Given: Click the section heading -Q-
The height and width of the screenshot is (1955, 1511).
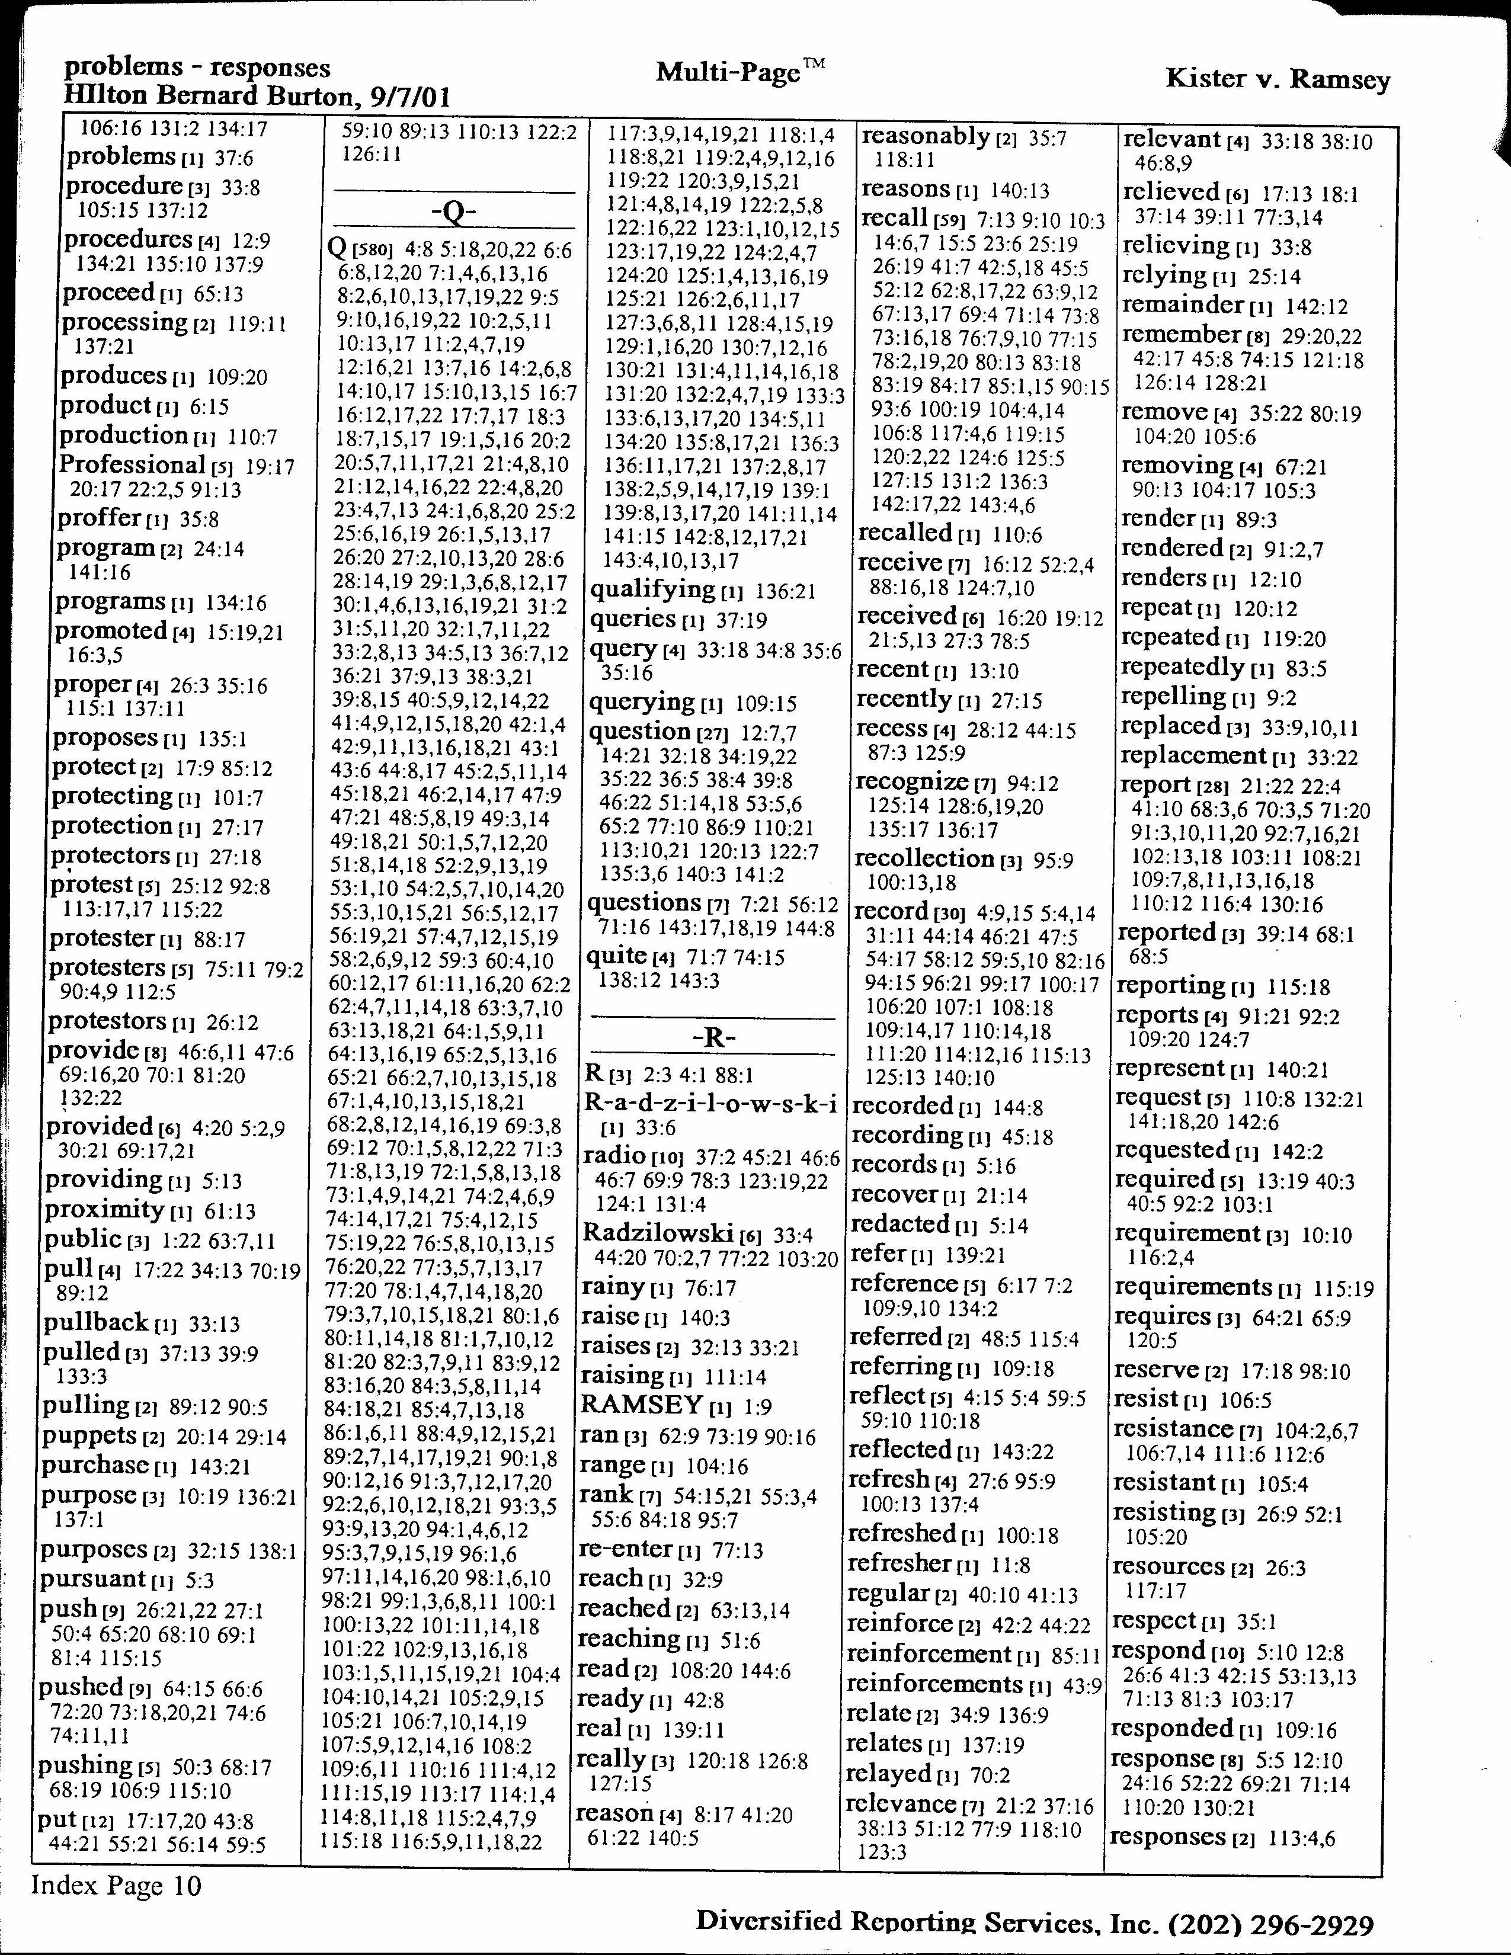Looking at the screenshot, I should point(454,213).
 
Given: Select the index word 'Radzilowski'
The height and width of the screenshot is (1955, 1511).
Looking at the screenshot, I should point(658,1233).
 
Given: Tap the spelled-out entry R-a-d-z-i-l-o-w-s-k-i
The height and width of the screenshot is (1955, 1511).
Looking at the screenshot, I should point(710,1103).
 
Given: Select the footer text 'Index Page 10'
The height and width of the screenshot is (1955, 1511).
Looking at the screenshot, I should point(116,1886).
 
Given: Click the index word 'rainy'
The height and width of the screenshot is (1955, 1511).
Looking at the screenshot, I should point(613,1287).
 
